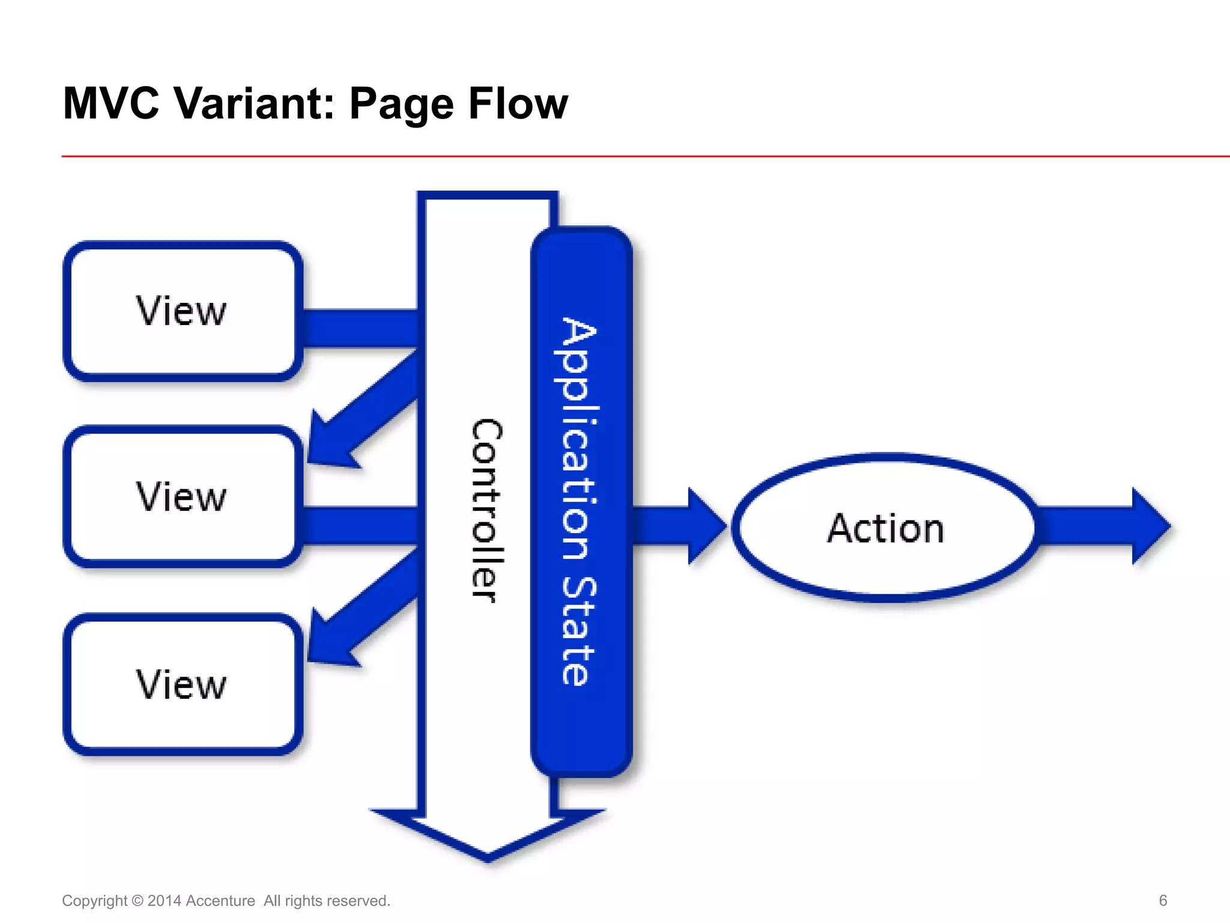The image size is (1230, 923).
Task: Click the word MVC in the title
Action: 111,103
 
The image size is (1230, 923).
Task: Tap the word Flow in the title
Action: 518,103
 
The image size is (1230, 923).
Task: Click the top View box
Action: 182,311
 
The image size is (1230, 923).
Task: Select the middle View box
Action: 182,497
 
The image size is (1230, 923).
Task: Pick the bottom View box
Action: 182,684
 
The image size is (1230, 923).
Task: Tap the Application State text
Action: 579,502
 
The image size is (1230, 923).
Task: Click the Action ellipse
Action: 885,528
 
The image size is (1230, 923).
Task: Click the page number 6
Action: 1163,900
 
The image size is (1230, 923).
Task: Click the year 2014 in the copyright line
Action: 164,901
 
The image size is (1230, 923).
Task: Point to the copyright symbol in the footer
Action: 137,901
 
